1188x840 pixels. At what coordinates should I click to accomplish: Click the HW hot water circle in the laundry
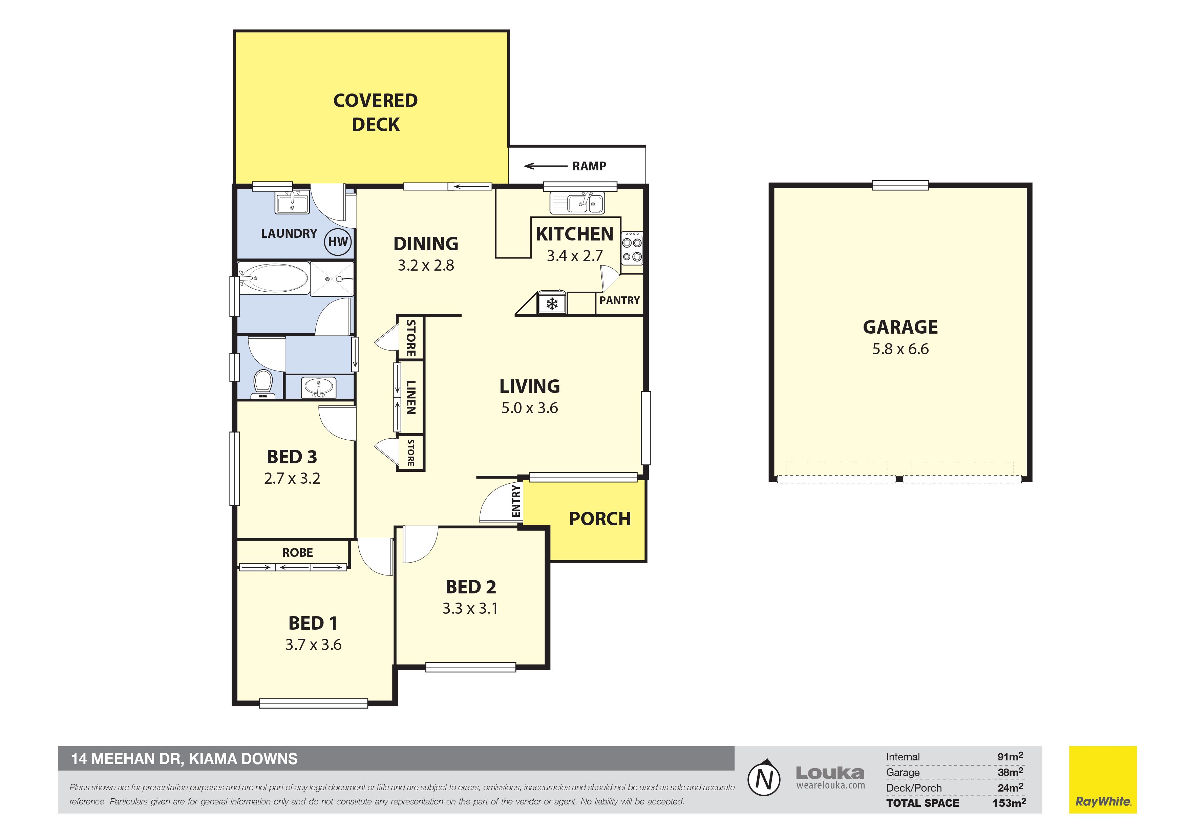(338, 242)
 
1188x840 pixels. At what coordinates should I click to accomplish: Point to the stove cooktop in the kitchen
(632, 248)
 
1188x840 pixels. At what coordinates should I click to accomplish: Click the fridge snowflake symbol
(552, 303)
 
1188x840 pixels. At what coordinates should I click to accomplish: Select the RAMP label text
(589, 166)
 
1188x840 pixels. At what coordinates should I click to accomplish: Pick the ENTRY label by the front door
(516, 501)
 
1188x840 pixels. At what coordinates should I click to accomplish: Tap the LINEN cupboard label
(411, 398)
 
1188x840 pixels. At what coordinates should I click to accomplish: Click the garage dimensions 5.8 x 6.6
(900, 349)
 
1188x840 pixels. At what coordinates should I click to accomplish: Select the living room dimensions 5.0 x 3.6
(529, 408)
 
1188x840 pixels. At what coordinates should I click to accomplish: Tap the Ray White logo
(1103, 779)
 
